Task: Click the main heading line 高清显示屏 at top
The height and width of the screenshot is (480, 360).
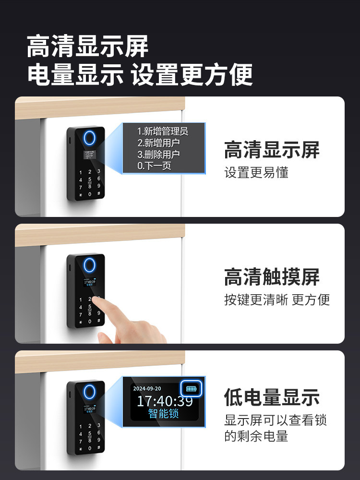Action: [x=88, y=47]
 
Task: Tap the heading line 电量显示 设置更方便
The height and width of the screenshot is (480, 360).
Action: [x=140, y=75]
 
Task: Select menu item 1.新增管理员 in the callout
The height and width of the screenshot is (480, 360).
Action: [x=163, y=132]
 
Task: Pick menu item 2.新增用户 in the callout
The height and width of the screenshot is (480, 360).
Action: [x=158, y=143]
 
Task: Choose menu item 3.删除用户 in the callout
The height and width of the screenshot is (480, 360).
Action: [x=158, y=155]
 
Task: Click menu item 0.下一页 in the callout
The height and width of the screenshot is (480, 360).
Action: [x=154, y=166]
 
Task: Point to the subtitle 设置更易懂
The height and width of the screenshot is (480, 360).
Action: [x=256, y=172]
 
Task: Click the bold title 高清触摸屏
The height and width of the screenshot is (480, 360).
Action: [x=272, y=277]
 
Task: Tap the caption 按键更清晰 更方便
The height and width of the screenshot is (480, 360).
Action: [x=277, y=300]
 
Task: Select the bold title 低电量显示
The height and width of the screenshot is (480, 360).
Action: [x=272, y=397]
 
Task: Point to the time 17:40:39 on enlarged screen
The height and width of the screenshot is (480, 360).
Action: [x=165, y=401]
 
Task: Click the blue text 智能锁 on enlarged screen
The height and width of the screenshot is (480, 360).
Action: [x=164, y=414]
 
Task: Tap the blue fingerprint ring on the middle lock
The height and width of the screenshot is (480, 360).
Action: [x=89, y=264]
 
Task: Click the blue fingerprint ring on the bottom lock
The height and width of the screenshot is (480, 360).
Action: [x=89, y=391]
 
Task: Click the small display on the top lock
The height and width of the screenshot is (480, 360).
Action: [x=89, y=155]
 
